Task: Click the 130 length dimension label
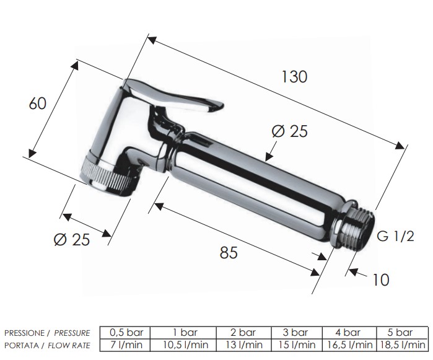point(294,77)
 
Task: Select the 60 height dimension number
point(38,103)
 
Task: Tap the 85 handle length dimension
point(229,252)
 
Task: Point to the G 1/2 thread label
point(395,236)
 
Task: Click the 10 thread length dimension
point(381,279)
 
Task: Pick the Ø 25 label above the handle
point(289,131)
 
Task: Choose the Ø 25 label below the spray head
point(72,239)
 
